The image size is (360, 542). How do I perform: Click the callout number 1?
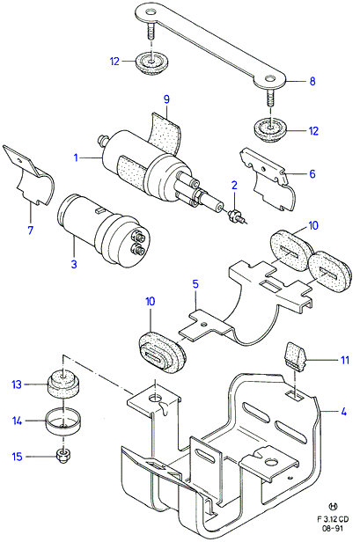point(76,158)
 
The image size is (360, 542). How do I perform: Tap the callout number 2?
point(234,186)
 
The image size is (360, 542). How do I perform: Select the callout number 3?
point(74,265)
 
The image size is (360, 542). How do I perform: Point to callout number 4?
point(343,412)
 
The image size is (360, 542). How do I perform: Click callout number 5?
point(195,284)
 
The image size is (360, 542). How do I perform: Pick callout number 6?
point(312,173)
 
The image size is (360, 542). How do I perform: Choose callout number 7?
point(31,230)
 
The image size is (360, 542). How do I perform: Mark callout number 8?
point(312,81)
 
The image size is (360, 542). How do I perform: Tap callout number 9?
point(166,99)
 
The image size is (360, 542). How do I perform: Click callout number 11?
point(345,360)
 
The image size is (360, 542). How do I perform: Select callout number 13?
point(17,385)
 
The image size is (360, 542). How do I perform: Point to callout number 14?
point(17,421)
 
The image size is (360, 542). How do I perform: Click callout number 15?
point(17,457)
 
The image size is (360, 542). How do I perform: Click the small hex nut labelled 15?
point(63,457)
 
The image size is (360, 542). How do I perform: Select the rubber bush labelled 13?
point(62,383)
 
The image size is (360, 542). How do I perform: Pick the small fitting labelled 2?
point(236,218)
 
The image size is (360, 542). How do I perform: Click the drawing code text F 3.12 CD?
point(333,519)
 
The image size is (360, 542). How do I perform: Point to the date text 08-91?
point(333,529)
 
